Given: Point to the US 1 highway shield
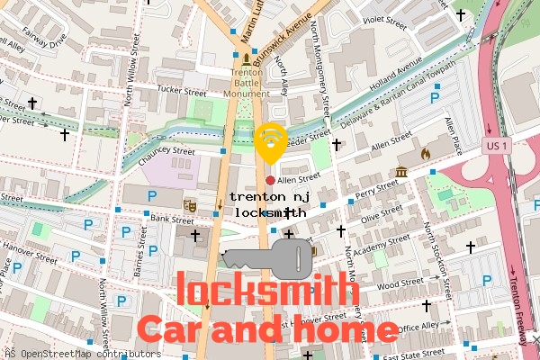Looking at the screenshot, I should tap(499, 144).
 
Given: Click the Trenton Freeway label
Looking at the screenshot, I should tap(519, 305).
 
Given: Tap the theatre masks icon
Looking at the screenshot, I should tap(190, 206).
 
